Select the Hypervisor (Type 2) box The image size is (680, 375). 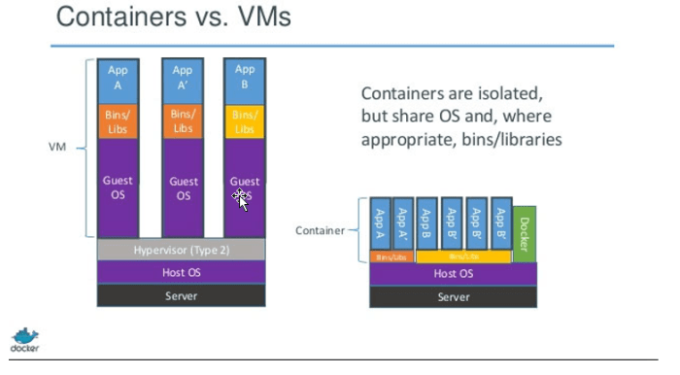(x=183, y=250)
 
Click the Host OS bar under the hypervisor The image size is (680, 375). (x=183, y=271)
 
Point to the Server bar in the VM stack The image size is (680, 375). (x=183, y=293)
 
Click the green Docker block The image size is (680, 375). (x=524, y=233)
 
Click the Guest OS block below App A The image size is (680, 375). (x=118, y=187)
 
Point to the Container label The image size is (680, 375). (x=320, y=230)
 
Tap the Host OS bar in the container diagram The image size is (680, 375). (x=453, y=273)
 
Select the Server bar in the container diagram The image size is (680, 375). (x=453, y=296)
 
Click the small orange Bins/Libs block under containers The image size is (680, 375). (x=391, y=256)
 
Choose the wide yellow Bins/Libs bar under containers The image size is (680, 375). (x=463, y=256)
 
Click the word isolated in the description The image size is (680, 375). (x=495, y=95)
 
